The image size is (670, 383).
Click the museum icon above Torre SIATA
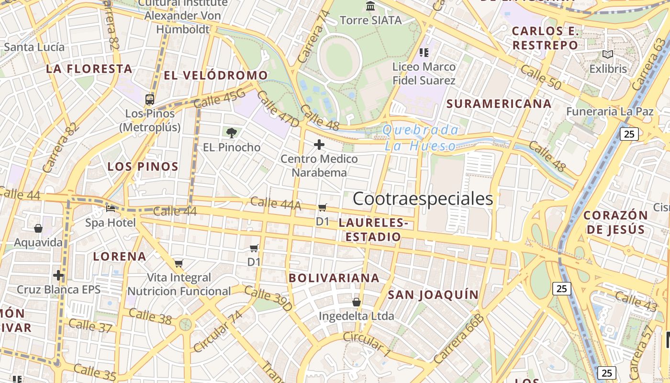pos(370,6)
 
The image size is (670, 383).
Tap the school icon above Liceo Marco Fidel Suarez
pos(424,52)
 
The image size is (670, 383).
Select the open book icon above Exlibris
pos(608,55)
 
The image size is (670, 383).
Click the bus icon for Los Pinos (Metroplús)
pos(150,100)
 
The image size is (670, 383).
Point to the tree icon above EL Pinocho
pos(232,133)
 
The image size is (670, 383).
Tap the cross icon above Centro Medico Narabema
pos(319,145)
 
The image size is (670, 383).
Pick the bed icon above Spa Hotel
pos(111,209)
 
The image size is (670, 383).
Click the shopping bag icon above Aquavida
pos(38,229)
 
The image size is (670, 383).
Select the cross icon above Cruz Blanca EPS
pos(58,275)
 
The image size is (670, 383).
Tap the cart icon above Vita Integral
pos(179,263)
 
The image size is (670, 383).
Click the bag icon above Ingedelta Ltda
pos(357,302)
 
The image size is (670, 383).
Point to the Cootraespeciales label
pos(423,199)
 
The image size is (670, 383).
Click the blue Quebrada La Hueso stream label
pos(420,137)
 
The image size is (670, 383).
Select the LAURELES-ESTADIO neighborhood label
pos(373,229)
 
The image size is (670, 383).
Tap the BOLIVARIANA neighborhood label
pos(334,278)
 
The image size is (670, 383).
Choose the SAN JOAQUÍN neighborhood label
pos(433,294)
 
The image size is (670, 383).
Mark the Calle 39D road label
pos(268,298)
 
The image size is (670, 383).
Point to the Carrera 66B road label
pos(458,338)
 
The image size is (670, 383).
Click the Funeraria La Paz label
pos(610,112)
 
